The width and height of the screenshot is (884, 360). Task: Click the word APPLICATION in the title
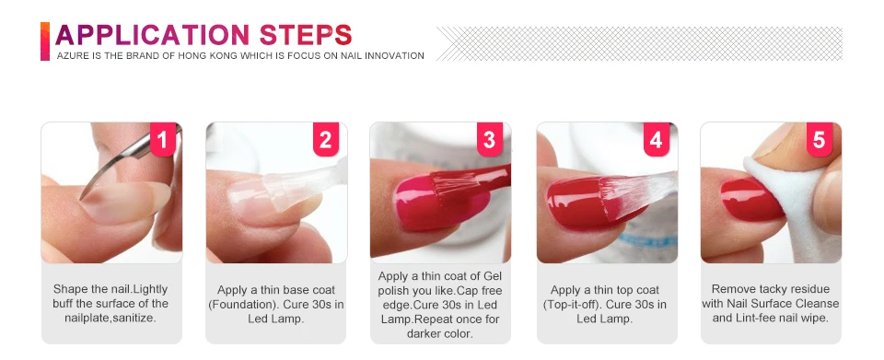(x=153, y=35)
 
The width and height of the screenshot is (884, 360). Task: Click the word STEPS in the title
(x=306, y=35)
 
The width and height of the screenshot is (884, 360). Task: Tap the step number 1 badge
(x=164, y=139)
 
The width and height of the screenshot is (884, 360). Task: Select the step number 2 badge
(x=326, y=139)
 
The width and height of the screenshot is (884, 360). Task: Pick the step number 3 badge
(x=490, y=139)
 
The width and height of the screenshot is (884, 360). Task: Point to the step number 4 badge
(x=657, y=139)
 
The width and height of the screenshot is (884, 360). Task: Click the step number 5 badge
(x=820, y=139)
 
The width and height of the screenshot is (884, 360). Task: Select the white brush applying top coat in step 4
(x=637, y=195)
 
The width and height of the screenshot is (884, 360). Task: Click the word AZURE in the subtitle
(x=71, y=56)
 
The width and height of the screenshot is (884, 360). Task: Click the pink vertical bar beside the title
(x=45, y=41)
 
